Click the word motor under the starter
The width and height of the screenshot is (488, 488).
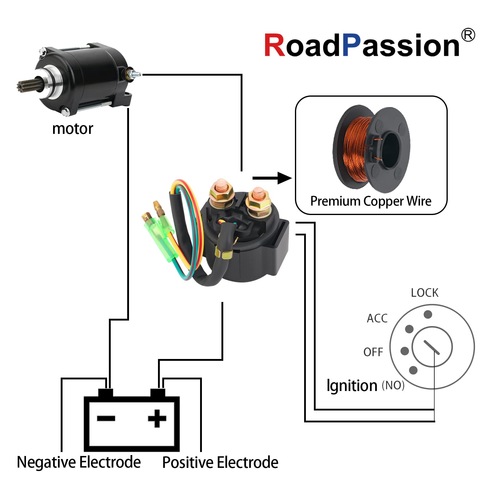click(73, 129)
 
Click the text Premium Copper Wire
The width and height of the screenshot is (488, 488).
click(371, 201)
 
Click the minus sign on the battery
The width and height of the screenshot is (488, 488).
click(106, 418)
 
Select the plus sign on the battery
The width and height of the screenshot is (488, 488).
click(157, 418)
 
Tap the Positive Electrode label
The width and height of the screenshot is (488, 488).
click(220, 462)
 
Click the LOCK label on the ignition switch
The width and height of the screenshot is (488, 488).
click(424, 293)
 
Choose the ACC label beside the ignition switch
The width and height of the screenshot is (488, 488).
click(377, 318)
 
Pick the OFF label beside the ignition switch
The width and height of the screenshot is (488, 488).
click(373, 352)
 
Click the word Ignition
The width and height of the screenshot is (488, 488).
click(352, 386)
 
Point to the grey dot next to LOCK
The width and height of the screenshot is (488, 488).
click(428, 314)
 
